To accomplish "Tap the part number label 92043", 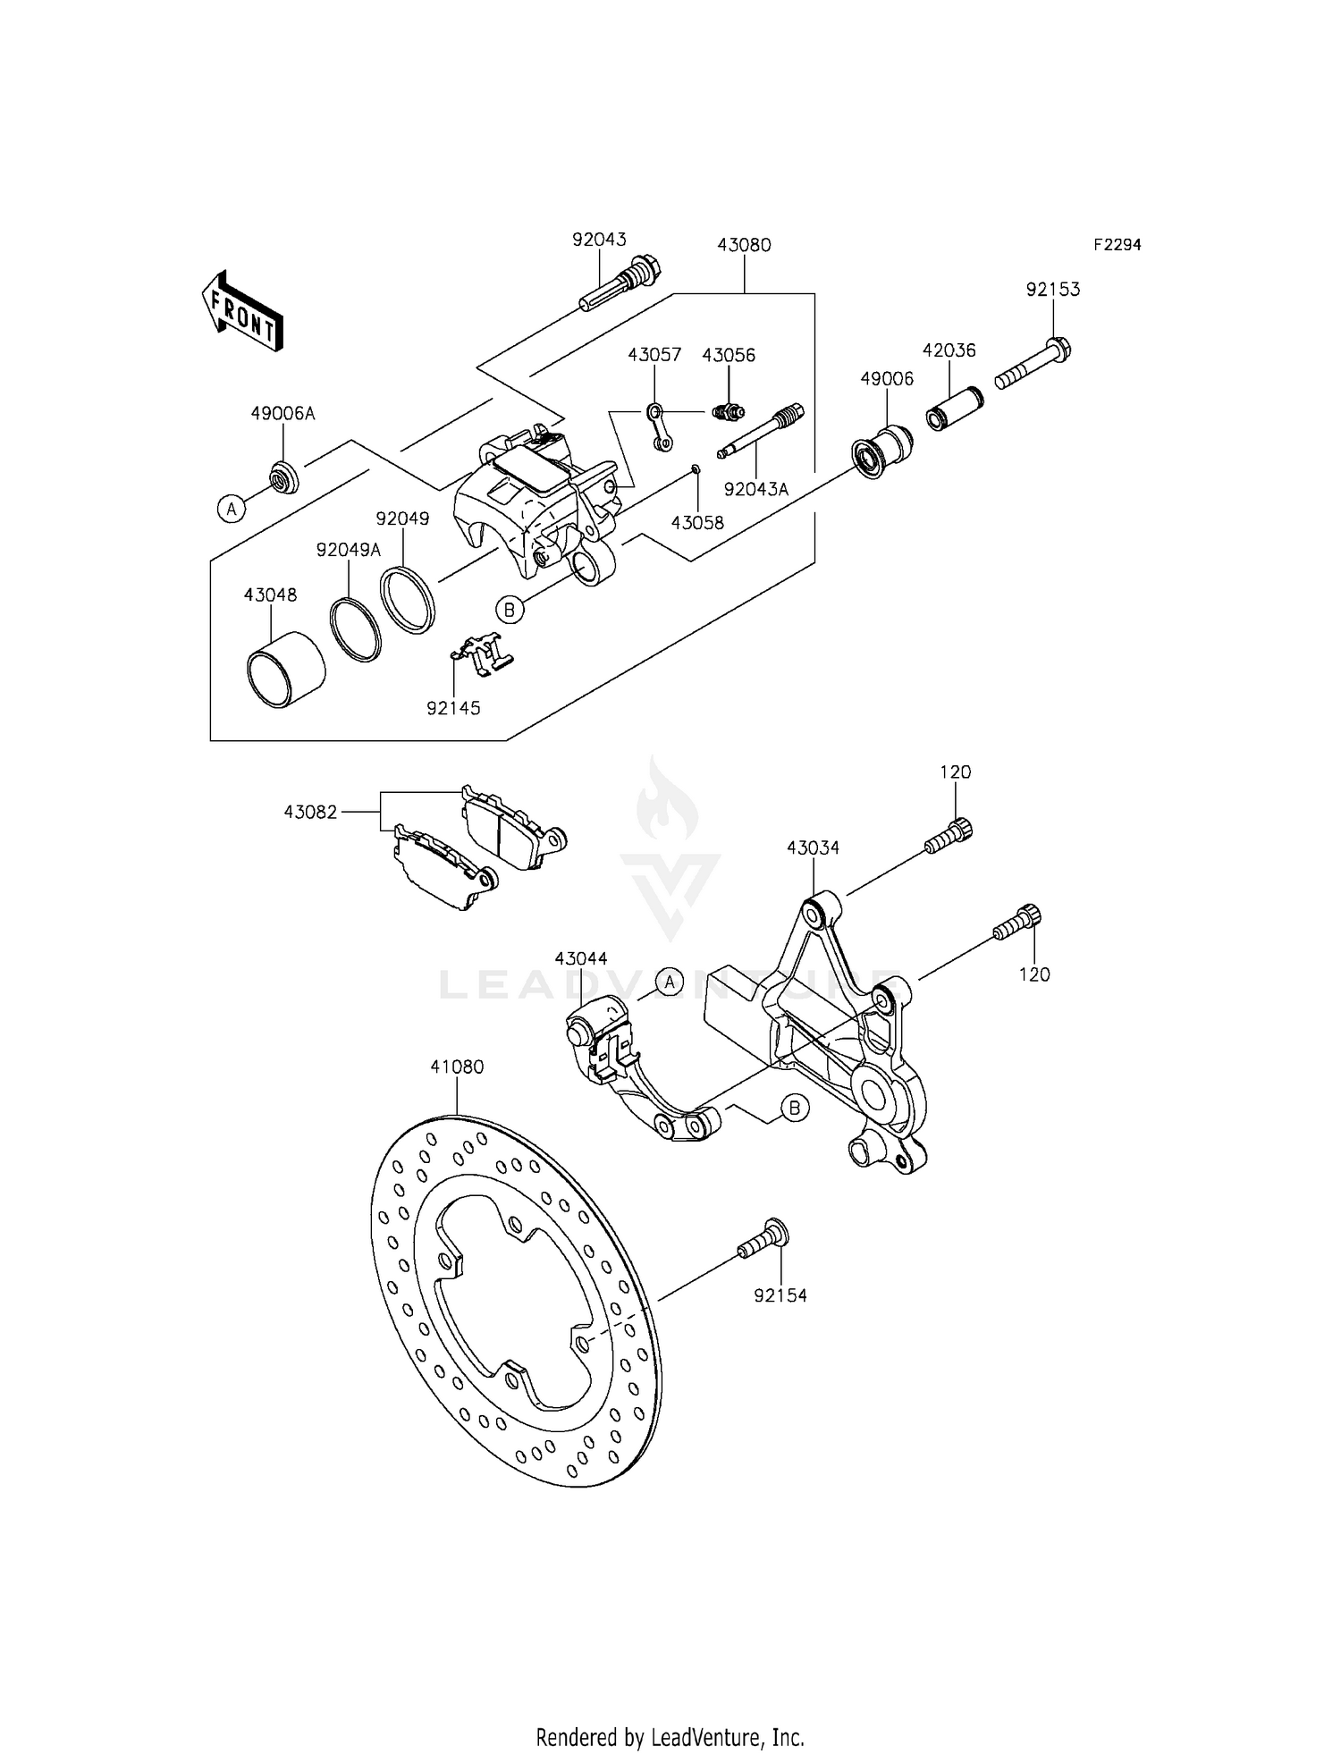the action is pos(599,240).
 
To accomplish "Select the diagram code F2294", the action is pos(1117,245).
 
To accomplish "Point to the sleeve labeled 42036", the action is pos(954,408).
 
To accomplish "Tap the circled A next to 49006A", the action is pos(232,510).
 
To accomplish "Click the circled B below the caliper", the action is pos(509,611).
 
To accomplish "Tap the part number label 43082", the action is pos(310,813).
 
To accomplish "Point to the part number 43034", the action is pos(813,847).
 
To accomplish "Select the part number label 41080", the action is pos(457,1067).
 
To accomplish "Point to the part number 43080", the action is pos(744,245).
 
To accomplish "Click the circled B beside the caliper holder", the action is pos(795,1109).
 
